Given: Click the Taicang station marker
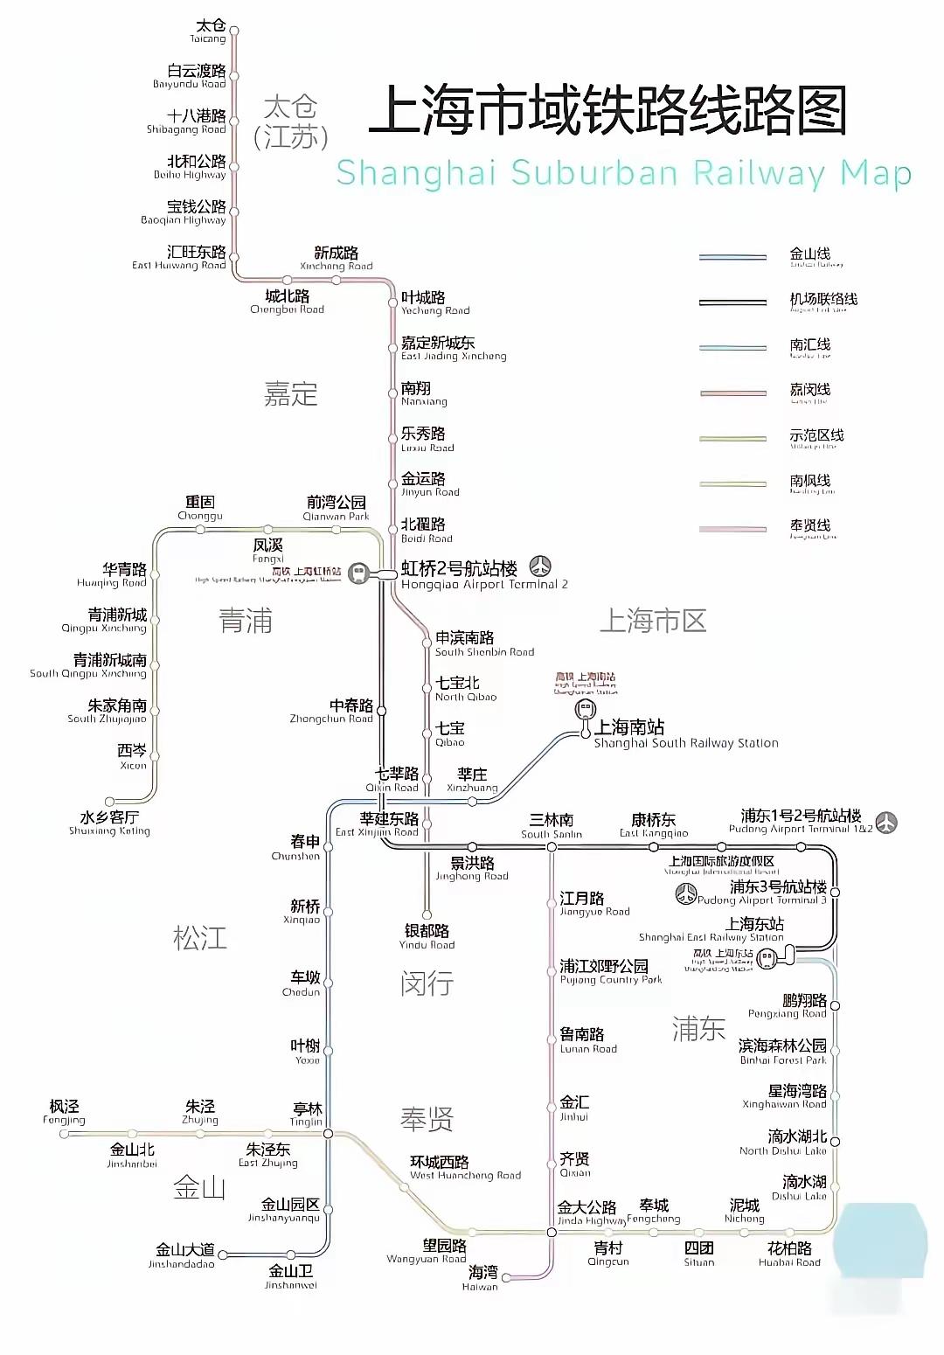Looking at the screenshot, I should pyautogui.click(x=234, y=31).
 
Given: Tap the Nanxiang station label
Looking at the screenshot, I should pyautogui.click(x=424, y=393).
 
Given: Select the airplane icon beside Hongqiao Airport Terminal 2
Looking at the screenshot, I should pyautogui.click(x=541, y=566).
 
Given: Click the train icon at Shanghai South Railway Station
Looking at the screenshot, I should pyautogui.click(x=586, y=709).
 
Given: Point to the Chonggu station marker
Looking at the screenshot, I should pyautogui.click(x=200, y=530).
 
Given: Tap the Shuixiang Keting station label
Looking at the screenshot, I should pyautogui.click(x=109, y=823).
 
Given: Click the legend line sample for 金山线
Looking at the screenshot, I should pyautogui.click(x=732, y=257).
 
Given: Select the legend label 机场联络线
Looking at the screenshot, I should pyautogui.click(x=823, y=300).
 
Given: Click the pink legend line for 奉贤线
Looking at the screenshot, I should pyautogui.click(x=732, y=529).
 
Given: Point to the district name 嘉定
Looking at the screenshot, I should pyautogui.click(x=290, y=394).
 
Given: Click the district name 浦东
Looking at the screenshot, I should pyautogui.click(x=698, y=1029).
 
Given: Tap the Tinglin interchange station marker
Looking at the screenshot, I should pyautogui.click(x=329, y=1133).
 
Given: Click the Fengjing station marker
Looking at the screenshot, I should pyautogui.click(x=64, y=1134).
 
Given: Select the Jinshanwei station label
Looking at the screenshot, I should pyautogui.click(x=291, y=1275).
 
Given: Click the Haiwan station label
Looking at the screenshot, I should pyautogui.click(x=482, y=1277).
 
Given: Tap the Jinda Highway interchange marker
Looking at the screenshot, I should pyautogui.click(x=552, y=1232).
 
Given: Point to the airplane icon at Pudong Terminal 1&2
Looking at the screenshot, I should pyautogui.click(x=886, y=823).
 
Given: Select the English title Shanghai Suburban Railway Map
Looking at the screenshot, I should pyautogui.click(x=623, y=173).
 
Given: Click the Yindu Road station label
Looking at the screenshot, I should pyautogui.click(x=427, y=936).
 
